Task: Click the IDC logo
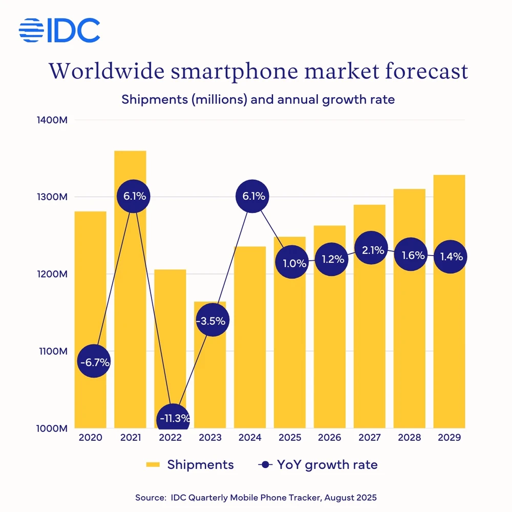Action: coord(59,30)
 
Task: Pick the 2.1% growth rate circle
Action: coord(370,248)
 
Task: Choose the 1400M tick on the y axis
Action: coord(52,120)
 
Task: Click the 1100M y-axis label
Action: coord(52,351)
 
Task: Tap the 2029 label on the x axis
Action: coord(449,438)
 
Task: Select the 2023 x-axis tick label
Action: coord(210,438)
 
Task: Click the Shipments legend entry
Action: coord(190,465)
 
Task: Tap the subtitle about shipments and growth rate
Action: coord(258,99)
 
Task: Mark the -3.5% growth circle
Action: coord(210,321)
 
